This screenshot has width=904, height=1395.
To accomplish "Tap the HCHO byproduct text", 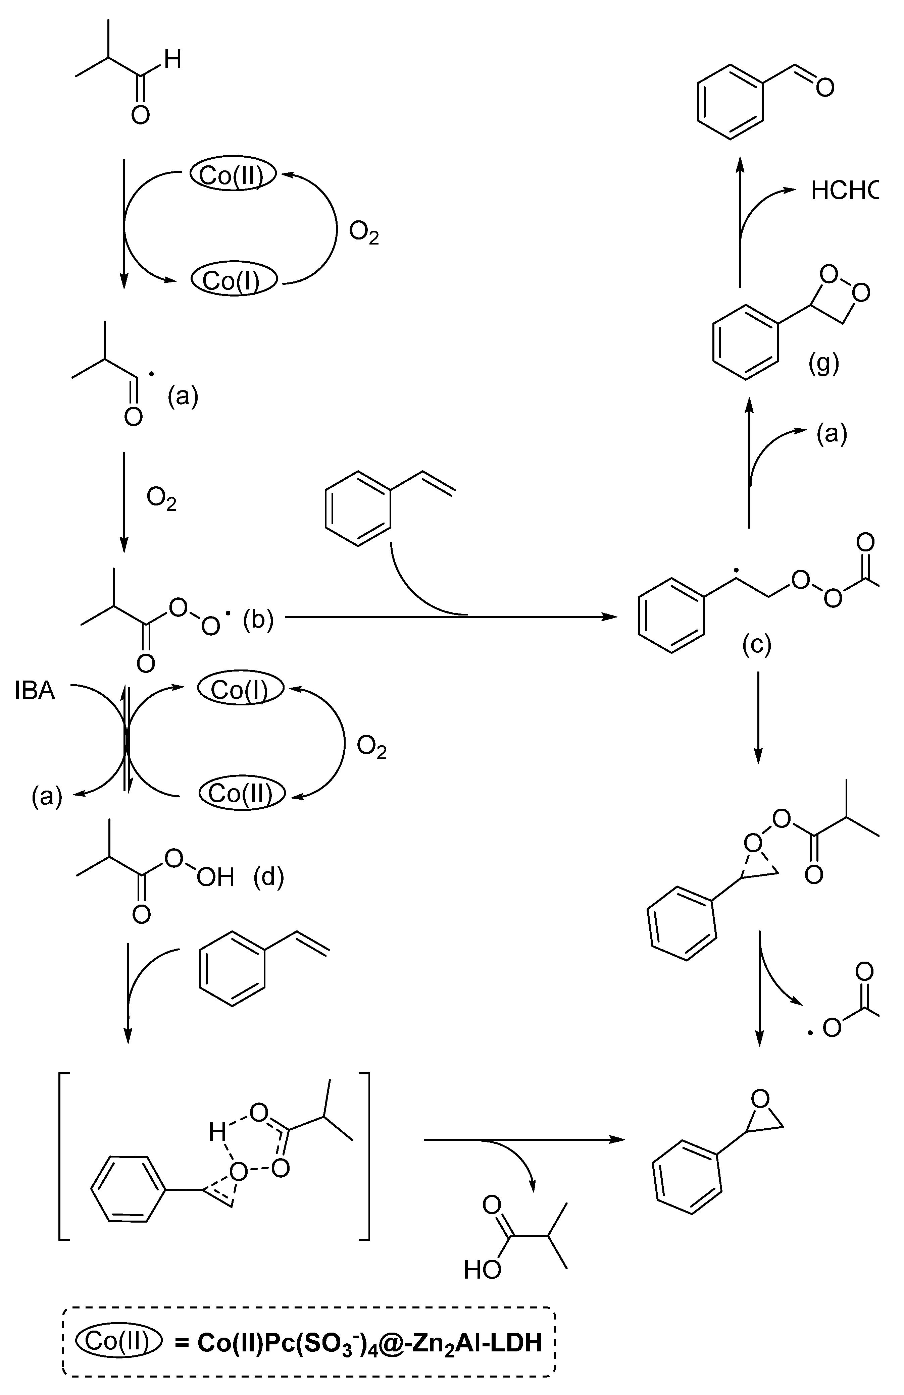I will [844, 191].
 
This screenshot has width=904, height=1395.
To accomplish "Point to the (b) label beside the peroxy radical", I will [258, 620].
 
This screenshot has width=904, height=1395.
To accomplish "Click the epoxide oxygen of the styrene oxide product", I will [760, 1100].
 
